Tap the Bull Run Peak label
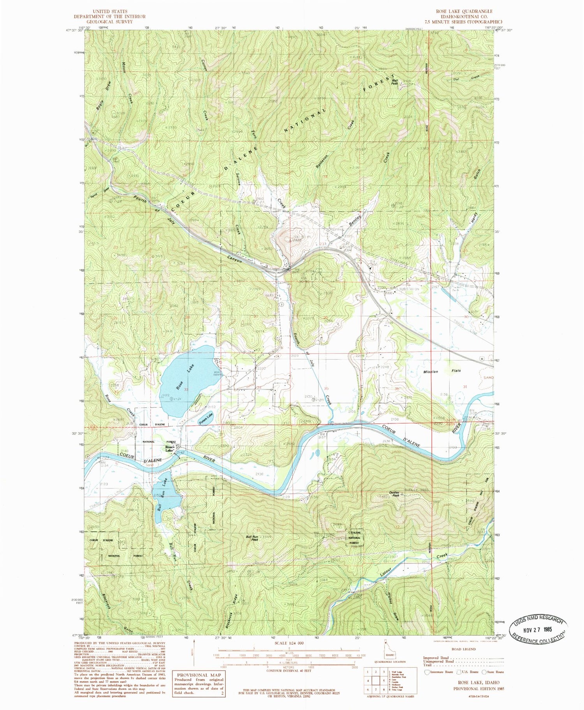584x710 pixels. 252,538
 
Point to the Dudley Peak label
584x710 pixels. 393,493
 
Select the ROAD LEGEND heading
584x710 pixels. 463,649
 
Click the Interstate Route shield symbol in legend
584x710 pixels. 427,671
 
